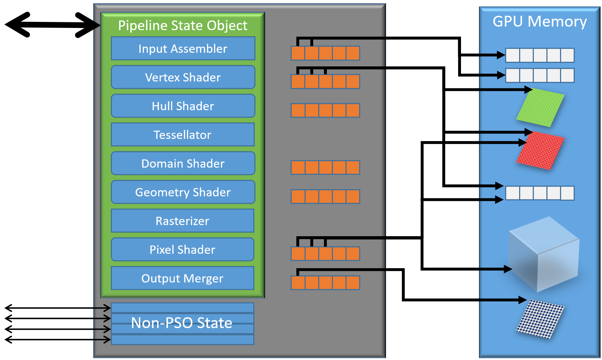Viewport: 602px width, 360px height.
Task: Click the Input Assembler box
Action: click(183, 48)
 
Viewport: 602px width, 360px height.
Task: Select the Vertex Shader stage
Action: click(183, 77)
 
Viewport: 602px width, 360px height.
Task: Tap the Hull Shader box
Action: click(183, 106)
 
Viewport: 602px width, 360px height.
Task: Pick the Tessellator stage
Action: click(183, 135)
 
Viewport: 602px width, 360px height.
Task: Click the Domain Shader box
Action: click(183, 163)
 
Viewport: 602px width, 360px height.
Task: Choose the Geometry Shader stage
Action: click(183, 192)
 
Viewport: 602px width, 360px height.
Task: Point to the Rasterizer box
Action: click(183, 221)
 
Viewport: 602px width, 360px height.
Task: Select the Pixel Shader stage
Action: click(183, 249)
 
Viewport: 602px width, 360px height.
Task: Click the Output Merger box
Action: click(183, 278)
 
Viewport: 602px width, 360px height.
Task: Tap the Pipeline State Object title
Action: click(183, 25)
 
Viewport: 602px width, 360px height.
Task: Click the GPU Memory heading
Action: click(540, 22)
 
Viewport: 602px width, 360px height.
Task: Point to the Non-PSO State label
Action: click(182, 323)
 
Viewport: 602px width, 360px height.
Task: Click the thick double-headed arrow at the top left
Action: click(53, 25)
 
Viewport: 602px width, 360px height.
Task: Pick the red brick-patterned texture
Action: click(540, 150)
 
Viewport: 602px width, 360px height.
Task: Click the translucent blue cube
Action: click(544, 254)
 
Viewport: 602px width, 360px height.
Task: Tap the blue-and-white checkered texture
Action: click(540, 319)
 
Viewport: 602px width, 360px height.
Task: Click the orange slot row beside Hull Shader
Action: click(325, 110)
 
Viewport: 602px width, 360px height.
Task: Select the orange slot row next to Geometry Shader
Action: click(325, 197)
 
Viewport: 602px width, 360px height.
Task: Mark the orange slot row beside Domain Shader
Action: click(325, 168)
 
